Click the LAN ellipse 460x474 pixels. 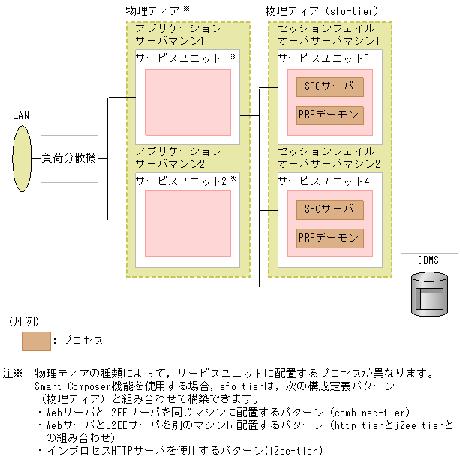pyautogui.click(x=22, y=158)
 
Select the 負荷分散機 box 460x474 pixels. pyautogui.click(x=69, y=159)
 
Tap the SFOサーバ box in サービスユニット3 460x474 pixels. pyautogui.click(x=329, y=86)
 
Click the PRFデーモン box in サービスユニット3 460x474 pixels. pyautogui.click(x=329, y=115)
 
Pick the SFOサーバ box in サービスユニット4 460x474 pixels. pyautogui.click(x=329, y=209)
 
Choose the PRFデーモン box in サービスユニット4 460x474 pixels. pyautogui.click(x=329, y=238)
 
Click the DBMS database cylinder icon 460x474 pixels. pyautogui.click(x=430, y=292)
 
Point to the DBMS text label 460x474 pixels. pyautogui.click(x=428, y=260)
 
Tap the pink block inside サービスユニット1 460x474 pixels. pyautogui.click(x=187, y=102)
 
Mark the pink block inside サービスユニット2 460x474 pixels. pyautogui.click(x=187, y=223)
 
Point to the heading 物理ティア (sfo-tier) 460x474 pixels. pyautogui.click(x=321, y=11)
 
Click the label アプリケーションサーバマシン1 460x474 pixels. pyautogui.click(x=179, y=34)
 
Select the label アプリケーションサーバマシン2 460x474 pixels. pyautogui.click(x=179, y=157)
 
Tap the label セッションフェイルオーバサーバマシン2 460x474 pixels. pyautogui.click(x=329, y=157)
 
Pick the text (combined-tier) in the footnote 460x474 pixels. pyautogui.click(x=369, y=412)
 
